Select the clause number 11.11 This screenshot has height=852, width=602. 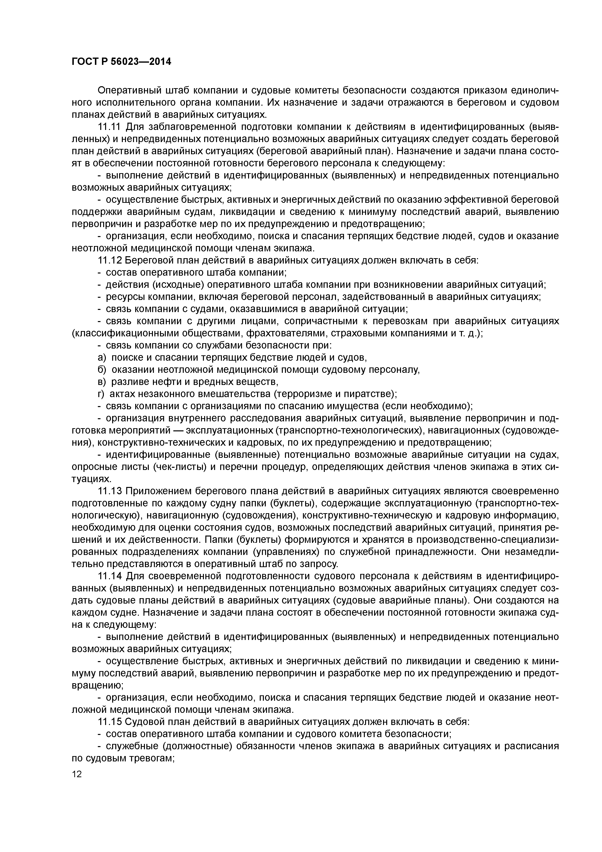pyautogui.click(x=109, y=127)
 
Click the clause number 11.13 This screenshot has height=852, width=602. pyautogui.click(x=109, y=491)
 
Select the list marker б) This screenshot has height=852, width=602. pyautogui.click(x=102, y=370)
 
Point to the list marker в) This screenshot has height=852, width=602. pyautogui.click(x=102, y=382)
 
